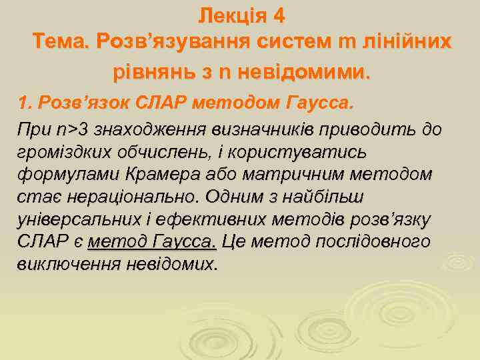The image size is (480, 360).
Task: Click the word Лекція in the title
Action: (231, 14)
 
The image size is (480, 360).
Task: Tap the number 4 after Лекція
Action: (279, 14)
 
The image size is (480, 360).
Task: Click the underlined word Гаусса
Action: (185, 241)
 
